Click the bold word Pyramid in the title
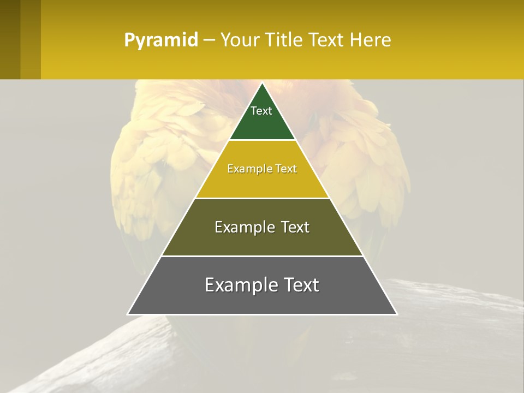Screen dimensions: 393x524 (161, 40)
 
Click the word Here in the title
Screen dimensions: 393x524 (371, 40)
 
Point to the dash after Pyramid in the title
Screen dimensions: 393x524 (209, 40)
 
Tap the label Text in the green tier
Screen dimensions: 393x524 (261, 111)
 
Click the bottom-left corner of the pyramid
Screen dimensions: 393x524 (128, 314)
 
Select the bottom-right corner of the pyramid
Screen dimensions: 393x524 (396, 314)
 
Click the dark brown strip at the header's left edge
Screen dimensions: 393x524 (10, 39)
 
